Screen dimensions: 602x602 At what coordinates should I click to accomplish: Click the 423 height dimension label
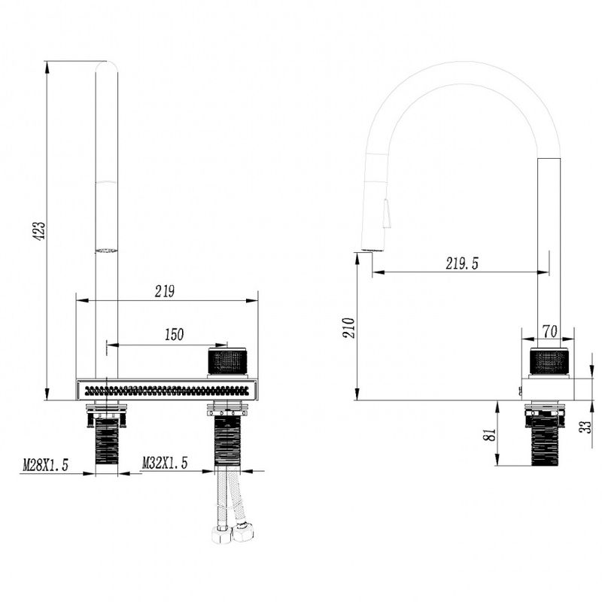click(40, 230)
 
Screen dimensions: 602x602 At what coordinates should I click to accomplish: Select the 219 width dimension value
click(165, 291)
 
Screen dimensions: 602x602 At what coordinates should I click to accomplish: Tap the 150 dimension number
click(174, 334)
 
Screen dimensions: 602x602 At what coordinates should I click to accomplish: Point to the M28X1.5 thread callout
click(45, 464)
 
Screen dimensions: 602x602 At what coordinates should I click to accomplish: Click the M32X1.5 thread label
click(165, 463)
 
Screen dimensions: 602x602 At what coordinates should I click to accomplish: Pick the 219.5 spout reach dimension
click(462, 263)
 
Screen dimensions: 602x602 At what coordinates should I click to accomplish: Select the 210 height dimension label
click(349, 328)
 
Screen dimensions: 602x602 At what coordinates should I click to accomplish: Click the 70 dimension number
click(550, 331)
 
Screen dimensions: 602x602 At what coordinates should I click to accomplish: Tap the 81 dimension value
click(491, 435)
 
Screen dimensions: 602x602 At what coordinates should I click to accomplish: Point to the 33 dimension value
click(586, 427)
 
